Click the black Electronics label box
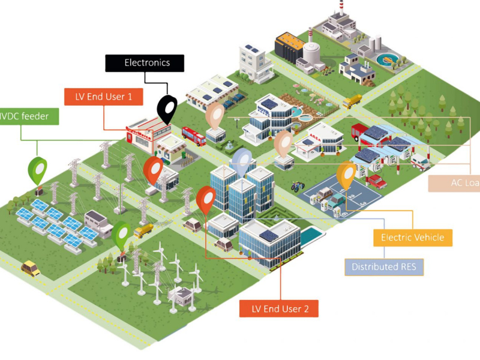[x=147, y=63]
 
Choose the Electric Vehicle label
[x=413, y=238]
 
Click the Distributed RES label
[x=384, y=266]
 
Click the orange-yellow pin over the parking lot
[x=346, y=175]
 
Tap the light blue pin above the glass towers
[x=242, y=161]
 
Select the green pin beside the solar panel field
[x=38, y=170]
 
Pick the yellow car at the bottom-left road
[x=31, y=268]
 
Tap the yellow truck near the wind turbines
[x=143, y=230]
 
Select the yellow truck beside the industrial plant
[x=352, y=101]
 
